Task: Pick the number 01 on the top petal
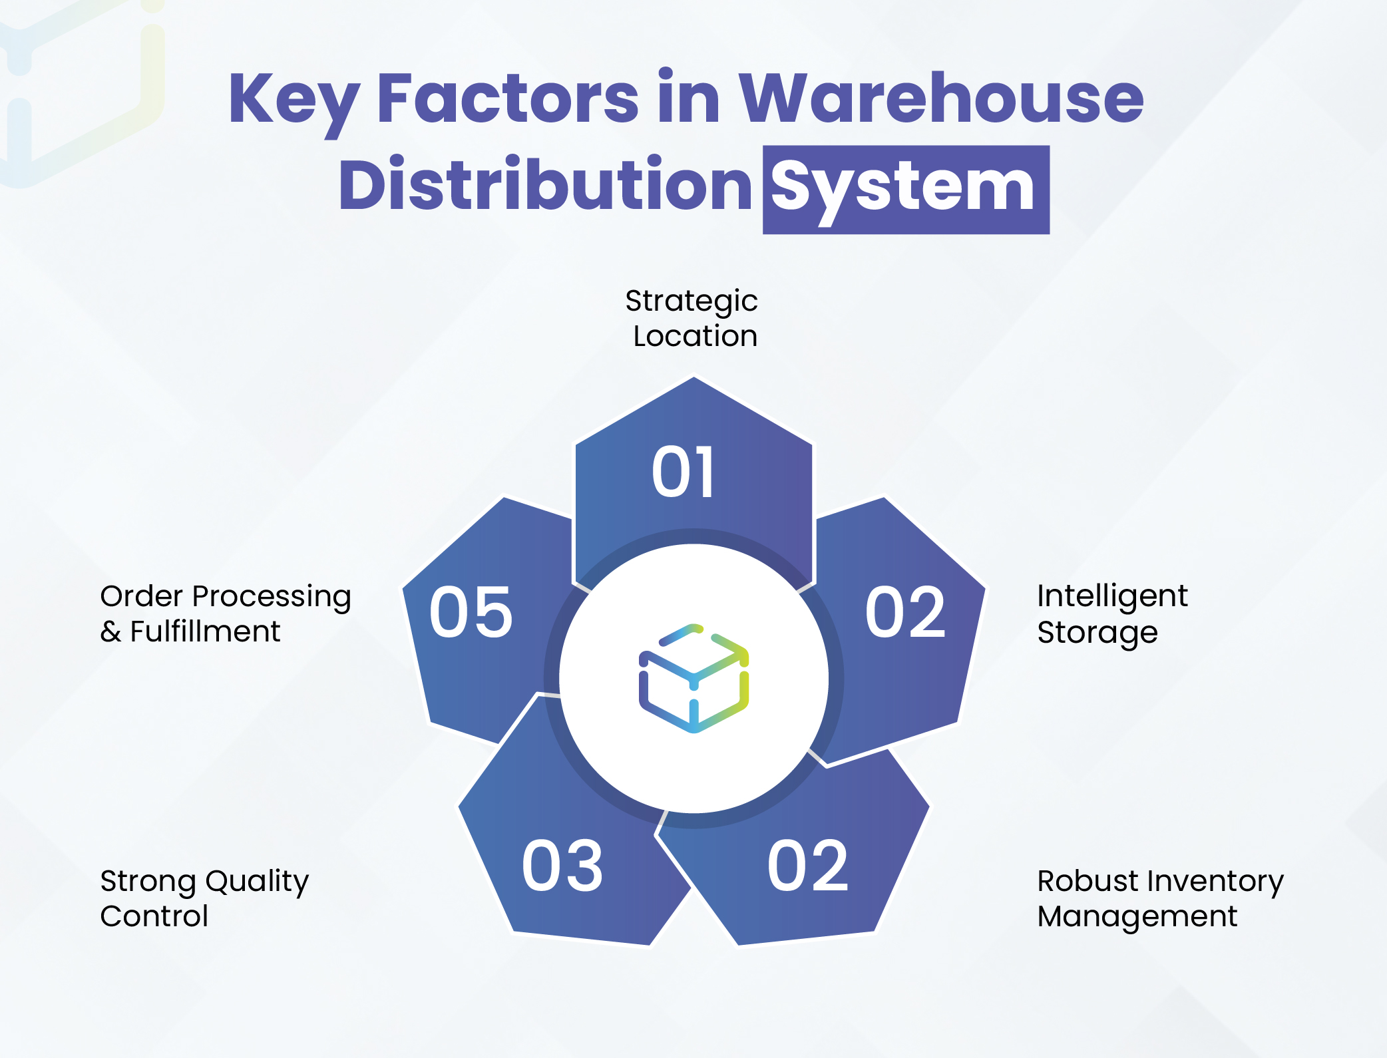tap(684, 472)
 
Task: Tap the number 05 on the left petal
tap(471, 612)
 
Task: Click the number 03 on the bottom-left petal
tap(562, 866)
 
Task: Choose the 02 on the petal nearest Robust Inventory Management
tap(808, 866)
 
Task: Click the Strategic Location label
tap(692, 318)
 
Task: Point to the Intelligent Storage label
tap(1111, 614)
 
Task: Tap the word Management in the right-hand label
tap(1137, 917)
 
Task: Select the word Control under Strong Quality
tap(154, 917)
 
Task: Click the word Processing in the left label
tap(272, 597)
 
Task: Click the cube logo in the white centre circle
tap(693, 678)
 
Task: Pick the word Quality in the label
tap(256, 882)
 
